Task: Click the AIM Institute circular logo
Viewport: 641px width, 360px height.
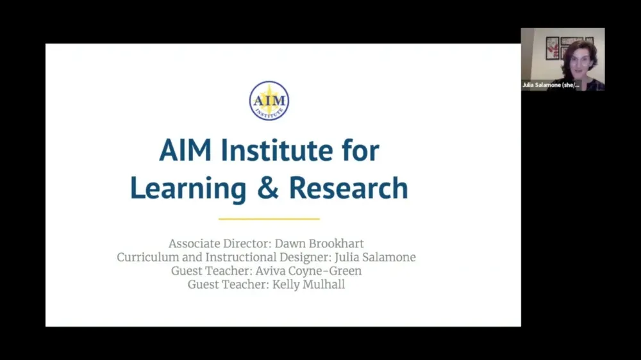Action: coord(269,101)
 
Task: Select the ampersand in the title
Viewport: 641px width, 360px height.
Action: coord(267,188)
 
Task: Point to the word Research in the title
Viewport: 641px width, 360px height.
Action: coord(348,188)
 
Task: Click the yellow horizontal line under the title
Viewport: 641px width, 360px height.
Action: coord(269,219)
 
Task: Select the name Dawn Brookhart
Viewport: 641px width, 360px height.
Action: coord(327,243)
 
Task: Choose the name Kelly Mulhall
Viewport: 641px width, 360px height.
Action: coord(309,284)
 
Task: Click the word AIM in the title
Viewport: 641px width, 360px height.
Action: coord(185,151)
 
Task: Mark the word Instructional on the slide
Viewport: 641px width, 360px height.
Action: coord(237,258)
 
